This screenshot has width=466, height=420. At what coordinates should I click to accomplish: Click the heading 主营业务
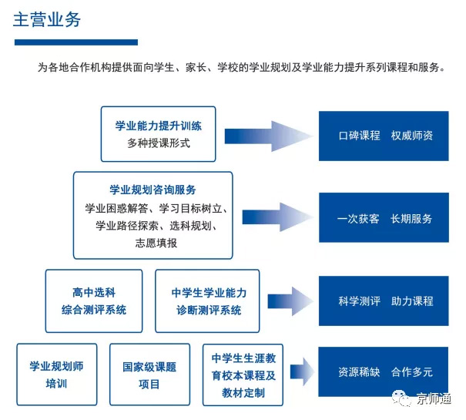point(46,19)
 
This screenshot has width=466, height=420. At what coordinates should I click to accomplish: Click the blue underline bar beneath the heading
point(75,42)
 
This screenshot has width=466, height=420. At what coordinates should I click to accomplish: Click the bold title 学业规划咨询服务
point(153,190)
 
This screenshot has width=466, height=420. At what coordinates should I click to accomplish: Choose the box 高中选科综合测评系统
point(93,301)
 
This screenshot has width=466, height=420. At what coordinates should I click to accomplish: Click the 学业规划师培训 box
point(56,375)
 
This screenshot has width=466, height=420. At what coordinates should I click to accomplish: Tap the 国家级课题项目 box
point(149,375)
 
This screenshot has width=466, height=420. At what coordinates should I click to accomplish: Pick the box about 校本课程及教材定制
point(243,375)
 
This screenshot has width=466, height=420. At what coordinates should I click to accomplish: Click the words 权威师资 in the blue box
point(412,135)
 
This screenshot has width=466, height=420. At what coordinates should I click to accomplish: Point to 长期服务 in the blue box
point(411,218)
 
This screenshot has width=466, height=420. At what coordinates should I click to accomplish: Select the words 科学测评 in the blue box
point(359,301)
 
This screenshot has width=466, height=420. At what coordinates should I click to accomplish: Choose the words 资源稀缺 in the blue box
point(359,371)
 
